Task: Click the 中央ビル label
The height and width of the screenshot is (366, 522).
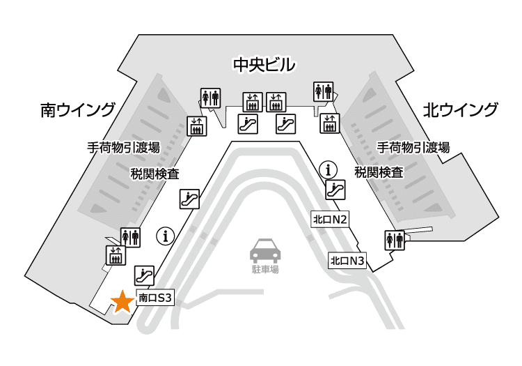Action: coord(264,66)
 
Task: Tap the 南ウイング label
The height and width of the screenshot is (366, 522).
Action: coord(77,110)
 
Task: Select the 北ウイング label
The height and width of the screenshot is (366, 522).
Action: coord(461,110)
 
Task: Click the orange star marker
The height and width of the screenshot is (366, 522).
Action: coord(123,302)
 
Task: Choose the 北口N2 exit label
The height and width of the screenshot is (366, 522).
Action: coord(330,220)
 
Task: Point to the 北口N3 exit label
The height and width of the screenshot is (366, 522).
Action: coord(347,261)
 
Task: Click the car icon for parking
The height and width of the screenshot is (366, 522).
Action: coord(264,250)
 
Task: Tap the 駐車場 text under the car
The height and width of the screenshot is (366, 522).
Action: coord(264,269)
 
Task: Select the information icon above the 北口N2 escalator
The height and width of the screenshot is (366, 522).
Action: coord(328,169)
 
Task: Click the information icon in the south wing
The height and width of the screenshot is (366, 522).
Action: coord(166,236)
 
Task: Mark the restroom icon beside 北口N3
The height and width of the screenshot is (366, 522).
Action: coord(395,240)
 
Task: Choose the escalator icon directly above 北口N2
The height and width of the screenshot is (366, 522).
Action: coord(336,189)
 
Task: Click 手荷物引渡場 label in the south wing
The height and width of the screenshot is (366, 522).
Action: coord(123,148)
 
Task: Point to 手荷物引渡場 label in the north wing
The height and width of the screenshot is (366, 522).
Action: coord(413,148)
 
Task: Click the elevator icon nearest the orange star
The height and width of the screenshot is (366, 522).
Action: coord(116,255)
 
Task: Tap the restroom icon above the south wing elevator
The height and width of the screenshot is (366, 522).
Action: coord(131,238)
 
